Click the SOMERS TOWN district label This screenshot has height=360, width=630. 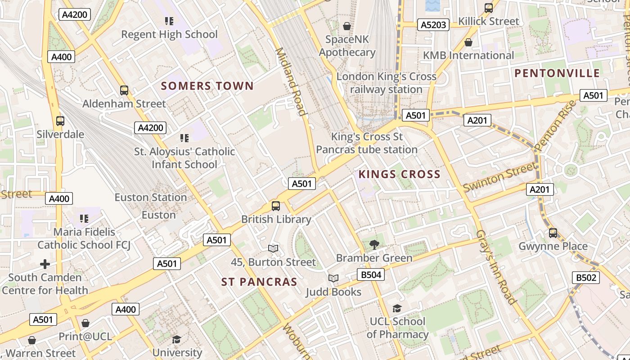pyautogui.click(x=207, y=86)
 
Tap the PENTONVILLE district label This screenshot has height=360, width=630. pyautogui.click(x=557, y=73)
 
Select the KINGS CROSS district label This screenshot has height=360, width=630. pyautogui.click(x=399, y=174)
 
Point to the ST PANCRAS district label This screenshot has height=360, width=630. pyautogui.click(x=259, y=282)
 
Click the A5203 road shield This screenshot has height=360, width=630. pyautogui.click(x=433, y=25)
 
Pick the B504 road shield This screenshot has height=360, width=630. pyautogui.click(x=371, y=274)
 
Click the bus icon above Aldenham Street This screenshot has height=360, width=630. pyautogui.click(x=124, y=90)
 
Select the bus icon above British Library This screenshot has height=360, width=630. pyautogui.click(x=276, y=206)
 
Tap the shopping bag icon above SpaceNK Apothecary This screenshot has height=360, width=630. pyautogui.click(x=347, y=26)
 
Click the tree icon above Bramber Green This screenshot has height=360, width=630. pyautogui.click(x=374, y=245)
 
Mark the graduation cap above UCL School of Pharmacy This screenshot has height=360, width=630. pyautogui.click(x=396, y=308)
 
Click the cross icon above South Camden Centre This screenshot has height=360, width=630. pyautogui.click(x=45, y=264)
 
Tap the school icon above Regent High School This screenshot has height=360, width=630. pyautogui.click(x=169, y=21)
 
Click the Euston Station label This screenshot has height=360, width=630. pyautogui.click(x=150, y=198)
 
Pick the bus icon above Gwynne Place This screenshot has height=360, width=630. pyautogui.click(x=553, y=233)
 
